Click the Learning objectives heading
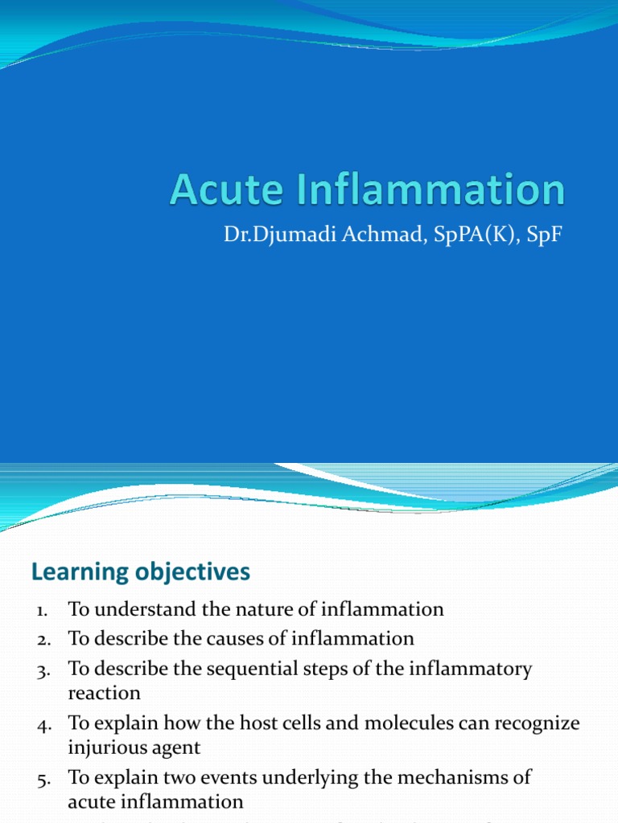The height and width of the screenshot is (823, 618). tap(141, 572)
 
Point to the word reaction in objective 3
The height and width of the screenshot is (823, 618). tap(105, 692)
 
